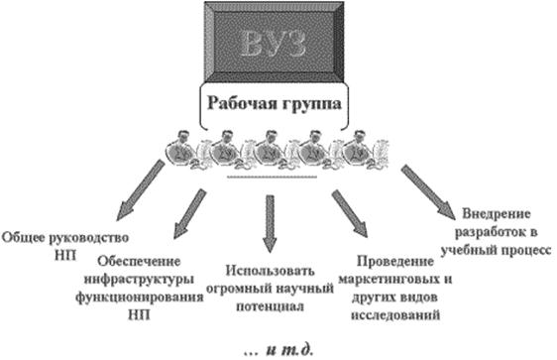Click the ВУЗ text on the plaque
[274, 44]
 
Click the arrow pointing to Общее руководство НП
[140, 190]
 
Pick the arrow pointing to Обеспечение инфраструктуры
[189, 213]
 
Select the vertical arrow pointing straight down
[270, 224]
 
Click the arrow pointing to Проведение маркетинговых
[350, 213]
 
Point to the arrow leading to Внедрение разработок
[428, 192]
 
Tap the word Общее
[24, 237]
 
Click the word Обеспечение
[139, 262]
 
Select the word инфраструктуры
[139, 280]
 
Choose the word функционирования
[139, 298]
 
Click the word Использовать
[270, 271]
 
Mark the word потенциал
[270, 306]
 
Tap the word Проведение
[395, 262]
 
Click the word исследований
[395, 314]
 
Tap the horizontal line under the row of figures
[272, 177]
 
